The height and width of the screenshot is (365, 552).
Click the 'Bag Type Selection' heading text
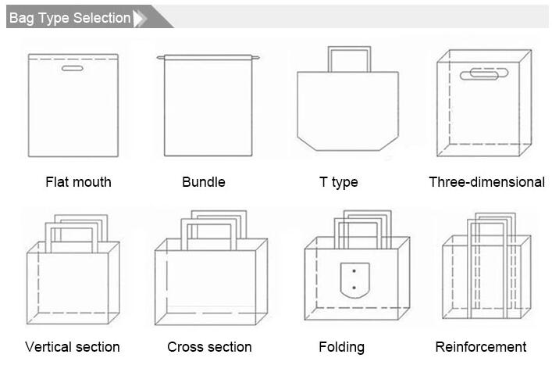tap(69, 18)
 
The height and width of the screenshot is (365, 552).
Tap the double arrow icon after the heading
tap(140, 18)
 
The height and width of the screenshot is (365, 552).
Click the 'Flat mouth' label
tap(78, 182)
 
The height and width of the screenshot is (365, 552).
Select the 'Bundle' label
tap(204, 182)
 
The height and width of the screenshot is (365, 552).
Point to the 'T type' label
tap(338, 183)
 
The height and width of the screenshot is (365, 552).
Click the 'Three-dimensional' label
tap(487, 182)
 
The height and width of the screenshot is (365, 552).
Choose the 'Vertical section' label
tap(72, 347)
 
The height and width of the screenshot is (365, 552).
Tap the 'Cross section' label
tap(209, 347)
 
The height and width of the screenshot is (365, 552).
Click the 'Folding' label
tap(341, 347)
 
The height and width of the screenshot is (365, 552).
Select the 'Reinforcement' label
tap(480, 347)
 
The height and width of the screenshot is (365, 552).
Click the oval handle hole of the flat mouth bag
tap(72, 68)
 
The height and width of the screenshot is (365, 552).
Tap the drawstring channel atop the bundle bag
tap(208, 57)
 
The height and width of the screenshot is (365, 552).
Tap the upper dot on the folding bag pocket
tap(354, 271)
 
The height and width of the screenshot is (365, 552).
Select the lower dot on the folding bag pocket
tap(354, 288)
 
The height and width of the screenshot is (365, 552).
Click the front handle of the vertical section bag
tap(72, 225)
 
